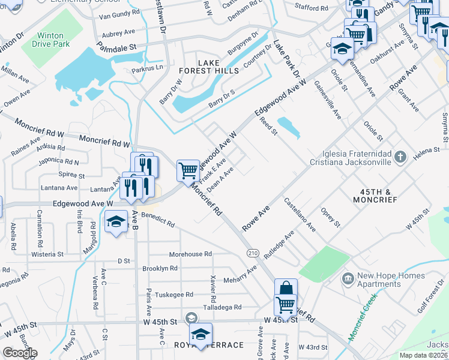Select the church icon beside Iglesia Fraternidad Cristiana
(401, 157)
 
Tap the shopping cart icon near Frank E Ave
(188, 170)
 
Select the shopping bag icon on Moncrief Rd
(286, 289)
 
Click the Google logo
(20, 353)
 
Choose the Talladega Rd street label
(221, 307)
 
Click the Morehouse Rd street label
(190, 254)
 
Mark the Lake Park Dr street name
(287, 61)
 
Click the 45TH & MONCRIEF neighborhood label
(375, 195)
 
